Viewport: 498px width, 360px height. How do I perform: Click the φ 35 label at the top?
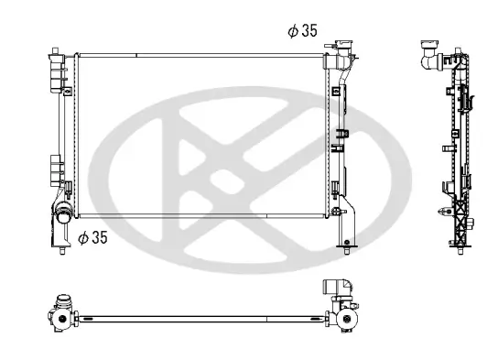tap(302, 30)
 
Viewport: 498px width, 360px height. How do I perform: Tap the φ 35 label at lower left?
tap(93, 237)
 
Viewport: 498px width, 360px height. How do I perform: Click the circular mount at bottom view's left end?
tap(60, 319)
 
